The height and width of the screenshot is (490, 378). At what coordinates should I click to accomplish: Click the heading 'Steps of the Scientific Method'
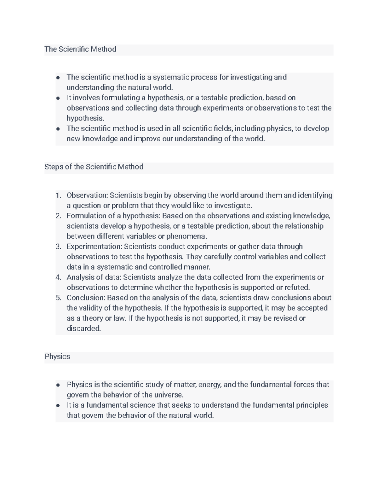(x=94, y=167)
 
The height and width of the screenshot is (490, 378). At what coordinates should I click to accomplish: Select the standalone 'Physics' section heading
(x=57, y=357)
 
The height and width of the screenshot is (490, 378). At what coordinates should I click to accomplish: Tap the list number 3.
(x=58, y=246)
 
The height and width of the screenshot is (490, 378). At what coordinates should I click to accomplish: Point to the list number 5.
(x=58, y=298)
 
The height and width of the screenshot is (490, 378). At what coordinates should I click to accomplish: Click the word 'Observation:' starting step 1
(x=87, y=195)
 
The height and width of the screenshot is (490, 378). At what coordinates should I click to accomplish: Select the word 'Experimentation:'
(x=94, y=246)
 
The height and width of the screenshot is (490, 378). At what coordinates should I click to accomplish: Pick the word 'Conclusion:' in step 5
(x=86, y=298)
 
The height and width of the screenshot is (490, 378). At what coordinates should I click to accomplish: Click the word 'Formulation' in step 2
(x=83, y=216)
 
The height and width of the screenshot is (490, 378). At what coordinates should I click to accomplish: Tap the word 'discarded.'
(x=84, y=328)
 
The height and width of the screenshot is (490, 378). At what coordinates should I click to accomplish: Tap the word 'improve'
(x=147, y=139)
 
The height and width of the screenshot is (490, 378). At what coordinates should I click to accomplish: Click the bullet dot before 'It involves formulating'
(x=58, y=98)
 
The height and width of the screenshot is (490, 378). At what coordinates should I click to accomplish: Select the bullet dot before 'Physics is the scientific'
(x=58, y=385)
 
